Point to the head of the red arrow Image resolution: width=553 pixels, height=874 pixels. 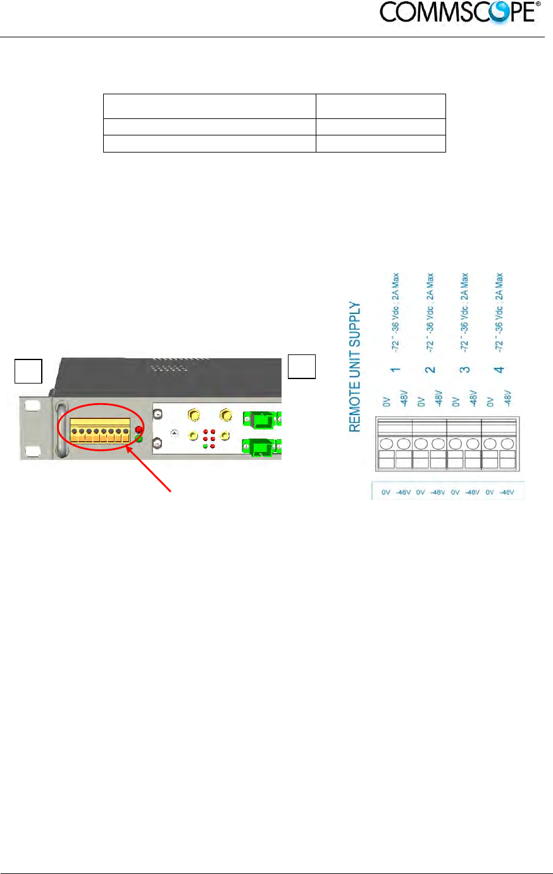(128, 447)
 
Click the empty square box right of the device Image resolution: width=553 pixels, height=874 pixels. (302, 366)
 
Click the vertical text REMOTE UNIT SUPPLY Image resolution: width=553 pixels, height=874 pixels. (355, 366)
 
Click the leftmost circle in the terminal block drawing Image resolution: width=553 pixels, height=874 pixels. (387, 444)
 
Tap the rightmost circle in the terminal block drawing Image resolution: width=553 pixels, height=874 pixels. (507, 444)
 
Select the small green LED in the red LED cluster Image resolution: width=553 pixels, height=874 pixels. (205, 446)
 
